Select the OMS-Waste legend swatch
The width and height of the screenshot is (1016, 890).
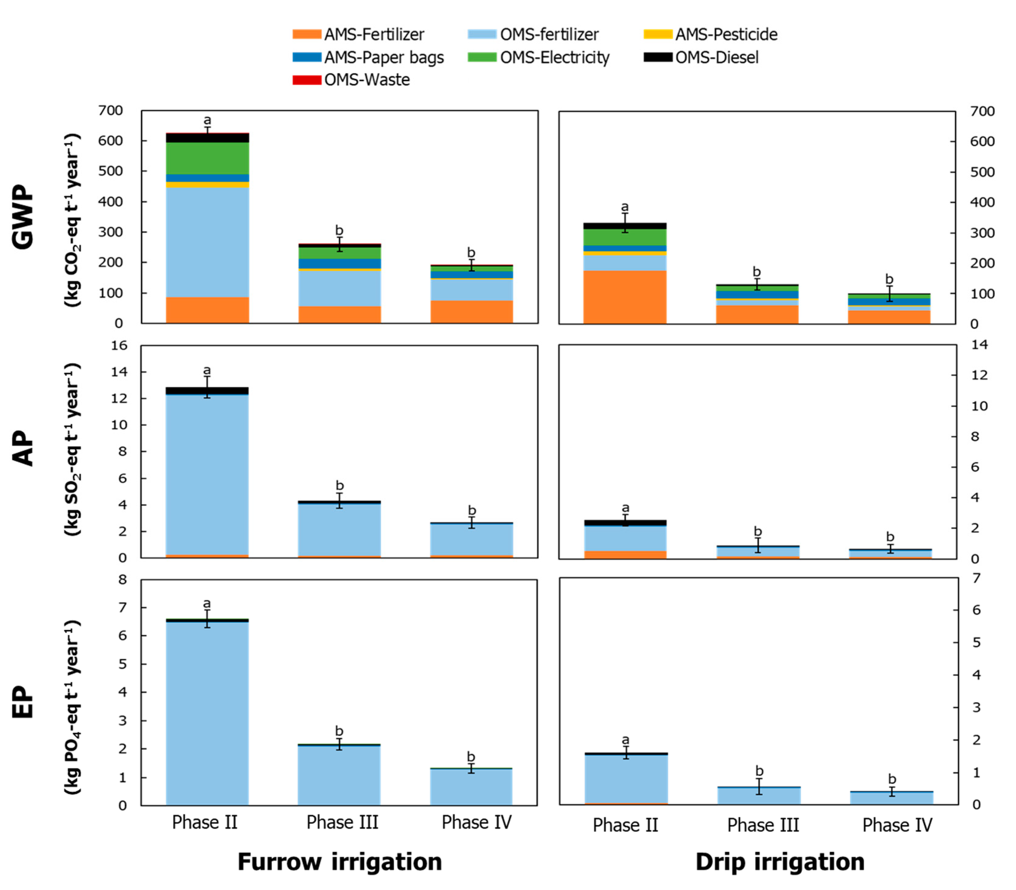(306, 80)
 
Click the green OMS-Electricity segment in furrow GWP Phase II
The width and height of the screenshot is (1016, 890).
(207, 158)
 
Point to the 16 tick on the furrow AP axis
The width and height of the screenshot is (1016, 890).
(119, 345)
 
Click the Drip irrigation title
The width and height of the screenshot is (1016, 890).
(779, 862)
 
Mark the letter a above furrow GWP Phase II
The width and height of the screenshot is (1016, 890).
(207, 120)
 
